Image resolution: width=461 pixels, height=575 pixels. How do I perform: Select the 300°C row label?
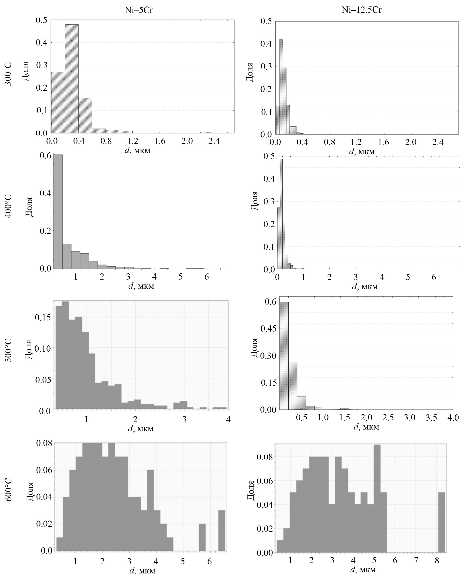(9, 76)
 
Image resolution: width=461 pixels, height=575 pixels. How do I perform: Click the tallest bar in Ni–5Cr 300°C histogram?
(71, 79)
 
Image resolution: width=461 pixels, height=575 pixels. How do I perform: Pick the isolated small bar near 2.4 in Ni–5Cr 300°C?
(207, 132)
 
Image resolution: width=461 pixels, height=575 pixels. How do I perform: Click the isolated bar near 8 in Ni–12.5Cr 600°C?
(441, 522)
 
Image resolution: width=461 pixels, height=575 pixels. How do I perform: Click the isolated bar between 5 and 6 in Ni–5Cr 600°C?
(202, 537)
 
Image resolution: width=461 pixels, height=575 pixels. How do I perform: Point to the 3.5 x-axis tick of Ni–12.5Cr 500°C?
(431, 417)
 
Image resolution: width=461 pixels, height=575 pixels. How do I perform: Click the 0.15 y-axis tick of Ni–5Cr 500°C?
(43, 317)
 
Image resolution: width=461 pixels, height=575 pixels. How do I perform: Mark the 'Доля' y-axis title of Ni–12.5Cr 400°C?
(255, 201)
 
